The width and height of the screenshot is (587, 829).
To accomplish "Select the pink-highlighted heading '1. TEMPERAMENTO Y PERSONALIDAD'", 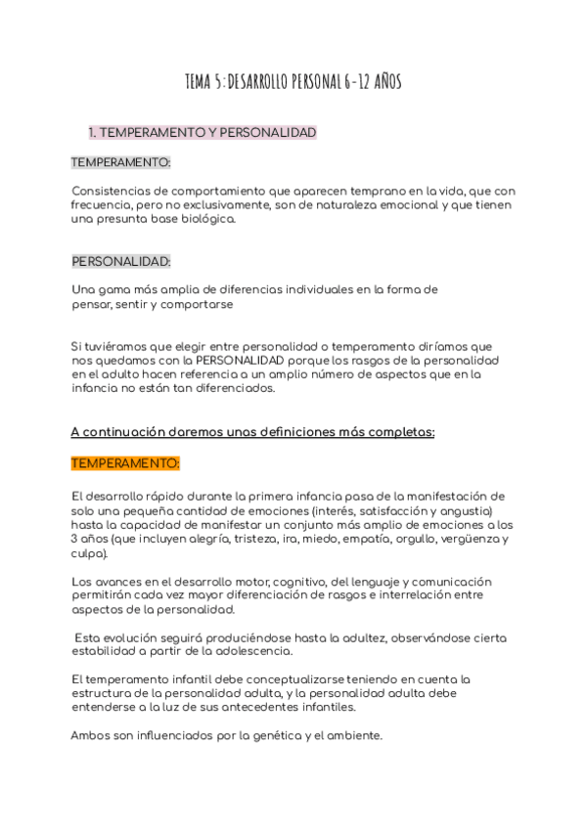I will [203, 132].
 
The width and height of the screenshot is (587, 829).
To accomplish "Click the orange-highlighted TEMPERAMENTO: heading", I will [125, 463].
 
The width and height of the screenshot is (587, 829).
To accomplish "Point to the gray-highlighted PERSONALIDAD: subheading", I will [121, 261].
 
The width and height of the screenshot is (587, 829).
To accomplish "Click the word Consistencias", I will [114, 191].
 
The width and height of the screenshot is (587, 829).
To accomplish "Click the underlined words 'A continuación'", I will [119, 431].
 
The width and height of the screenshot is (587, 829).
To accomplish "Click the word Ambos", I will [92, 735].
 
